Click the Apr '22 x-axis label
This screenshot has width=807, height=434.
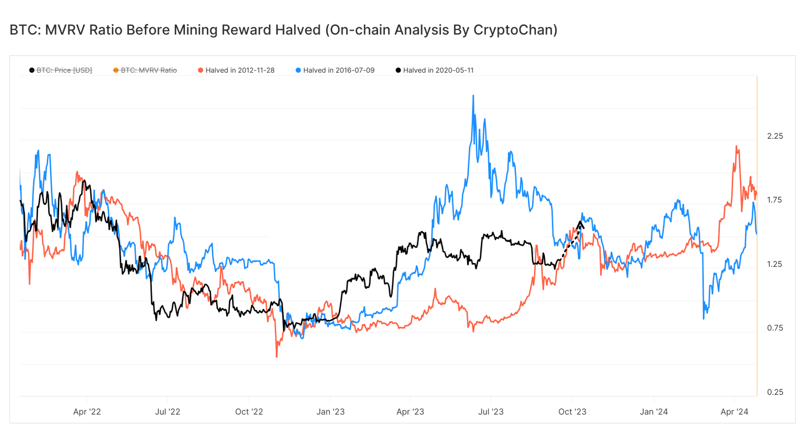87,412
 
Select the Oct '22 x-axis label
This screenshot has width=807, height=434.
249,412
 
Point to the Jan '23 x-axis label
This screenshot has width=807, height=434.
330,412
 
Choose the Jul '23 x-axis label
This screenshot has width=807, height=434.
491,412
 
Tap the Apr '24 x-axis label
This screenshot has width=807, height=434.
734,412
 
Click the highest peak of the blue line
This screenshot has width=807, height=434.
473,96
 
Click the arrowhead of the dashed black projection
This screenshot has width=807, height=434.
581,224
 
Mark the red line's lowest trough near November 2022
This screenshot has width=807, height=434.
277,356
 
